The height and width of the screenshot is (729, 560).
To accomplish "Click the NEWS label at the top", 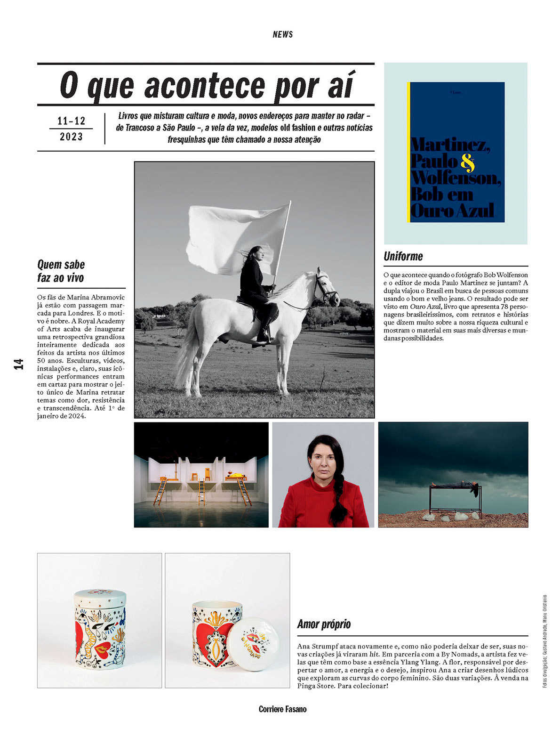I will coord(282,34).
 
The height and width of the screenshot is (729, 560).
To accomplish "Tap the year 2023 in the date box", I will coord(71,137).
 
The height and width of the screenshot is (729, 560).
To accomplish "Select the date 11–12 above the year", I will coord(71,121).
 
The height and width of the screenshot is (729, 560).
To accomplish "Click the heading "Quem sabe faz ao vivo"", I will coord(61,271).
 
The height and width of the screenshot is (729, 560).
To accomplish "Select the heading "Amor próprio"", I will coord(324,624).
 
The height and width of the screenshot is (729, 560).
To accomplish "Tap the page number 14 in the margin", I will coord(19,364).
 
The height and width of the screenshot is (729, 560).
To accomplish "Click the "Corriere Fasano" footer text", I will coord(282,709).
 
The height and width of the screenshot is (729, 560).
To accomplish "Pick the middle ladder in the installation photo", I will coord(202,493).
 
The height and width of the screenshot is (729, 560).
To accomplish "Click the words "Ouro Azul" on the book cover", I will coord(452,211).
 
